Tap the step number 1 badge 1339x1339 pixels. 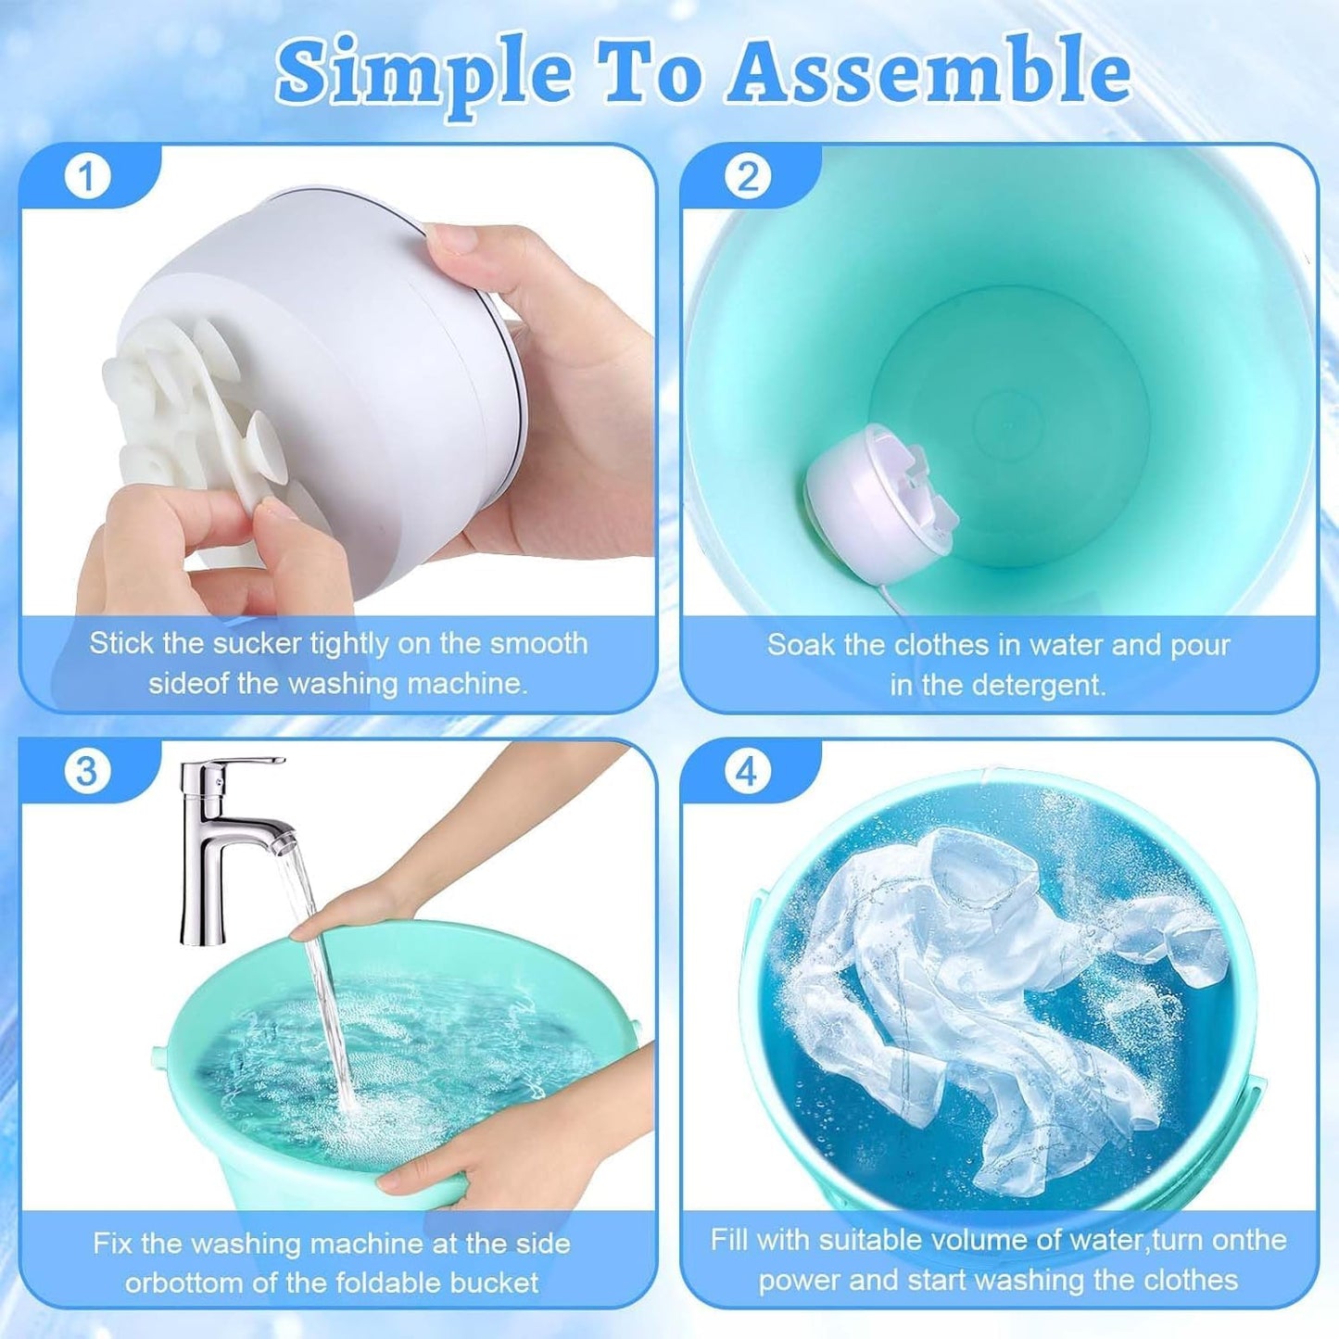(x=87, y=176)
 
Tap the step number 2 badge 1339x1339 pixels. (x=748, y=176)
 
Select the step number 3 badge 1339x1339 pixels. (x=87, y=771)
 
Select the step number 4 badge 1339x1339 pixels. (x=748, y=771)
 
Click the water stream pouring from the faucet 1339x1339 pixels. (x=320, y=973)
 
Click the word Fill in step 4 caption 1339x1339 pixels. (x=729, y=1240)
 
